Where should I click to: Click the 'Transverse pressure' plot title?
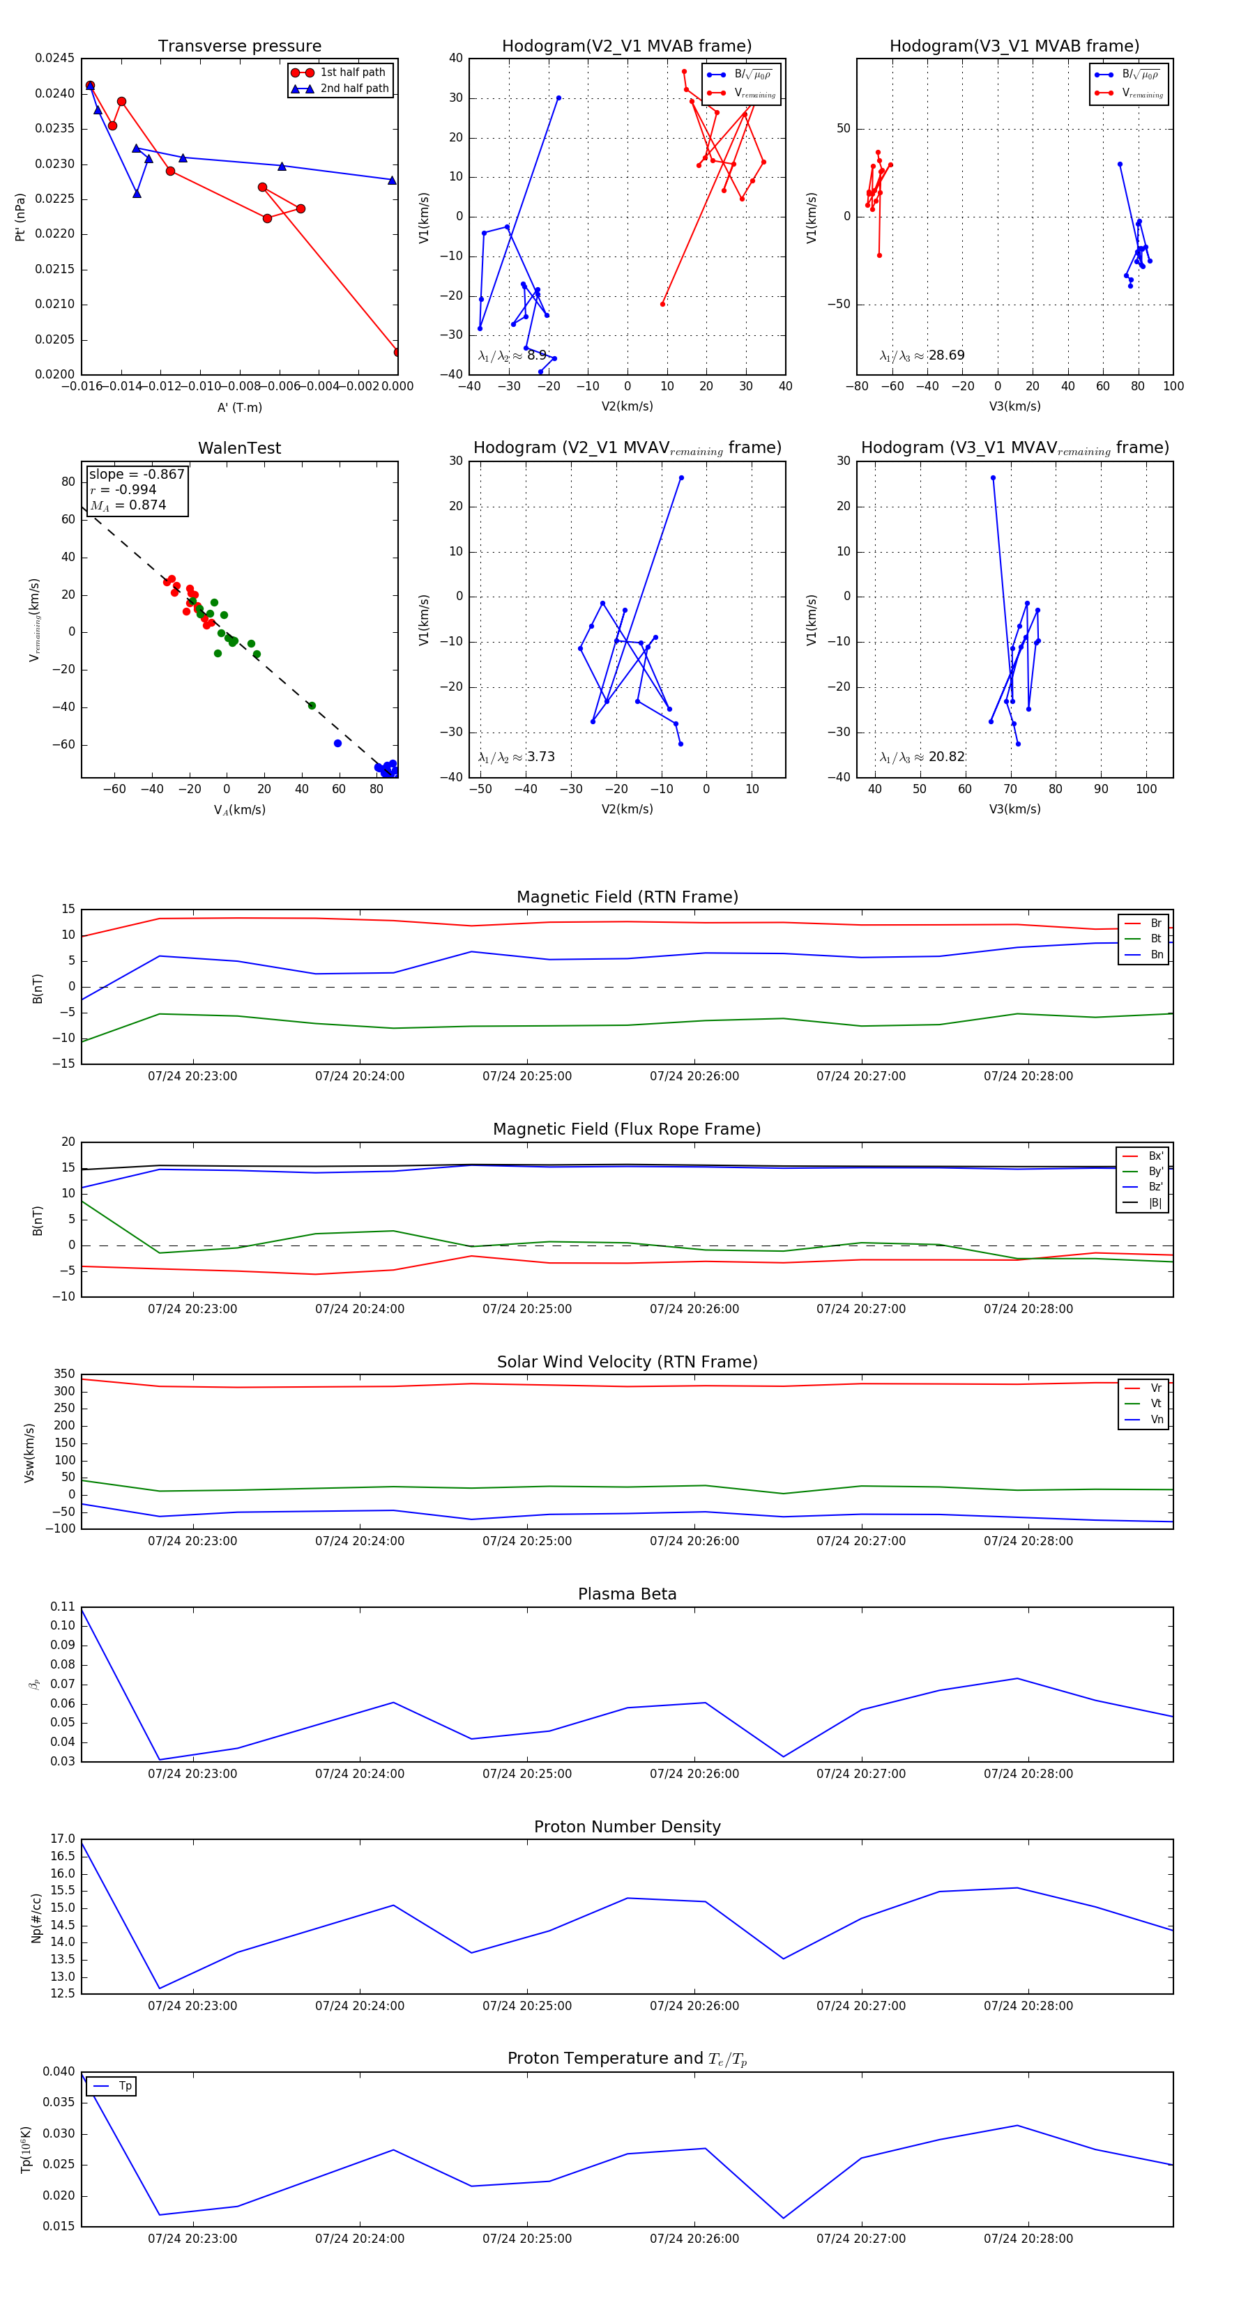[x=239, y=47]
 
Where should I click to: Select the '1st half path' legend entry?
[x=352, y=72]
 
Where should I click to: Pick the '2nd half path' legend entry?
[x=353, y=89]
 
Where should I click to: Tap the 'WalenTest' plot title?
[x=239, y=448]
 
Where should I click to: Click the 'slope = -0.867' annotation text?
[x=137, y=474]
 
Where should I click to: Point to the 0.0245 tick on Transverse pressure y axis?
[x=55, y=58]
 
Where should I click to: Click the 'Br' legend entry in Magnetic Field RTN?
[x=1155, y=923]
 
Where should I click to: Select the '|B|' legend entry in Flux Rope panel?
[x=1154, y=1203]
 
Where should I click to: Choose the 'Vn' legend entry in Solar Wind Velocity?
[x=1156, y=1419]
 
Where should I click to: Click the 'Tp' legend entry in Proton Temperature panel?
[x=125, y=2086]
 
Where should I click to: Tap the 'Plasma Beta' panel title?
[x=627, y=1594]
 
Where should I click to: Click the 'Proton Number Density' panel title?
[x=627, y=1826]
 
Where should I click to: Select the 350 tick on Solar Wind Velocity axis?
[x=64, y=1374]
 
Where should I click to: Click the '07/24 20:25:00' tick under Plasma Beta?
[x=527, y=1773]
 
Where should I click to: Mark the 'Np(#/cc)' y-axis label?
[x=37, y=1917]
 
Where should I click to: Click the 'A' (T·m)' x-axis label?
[x=239, y=408]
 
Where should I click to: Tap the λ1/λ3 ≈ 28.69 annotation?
[x=922, y=355]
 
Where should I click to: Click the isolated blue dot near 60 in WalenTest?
[x=337, y=743]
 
